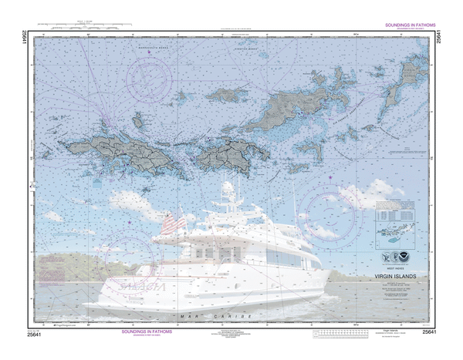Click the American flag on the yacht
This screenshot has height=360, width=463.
[x=174, y=224]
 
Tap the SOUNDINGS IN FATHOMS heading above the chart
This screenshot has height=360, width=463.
[x=407, y=25]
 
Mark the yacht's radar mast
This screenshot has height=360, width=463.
[x=229, y=193]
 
